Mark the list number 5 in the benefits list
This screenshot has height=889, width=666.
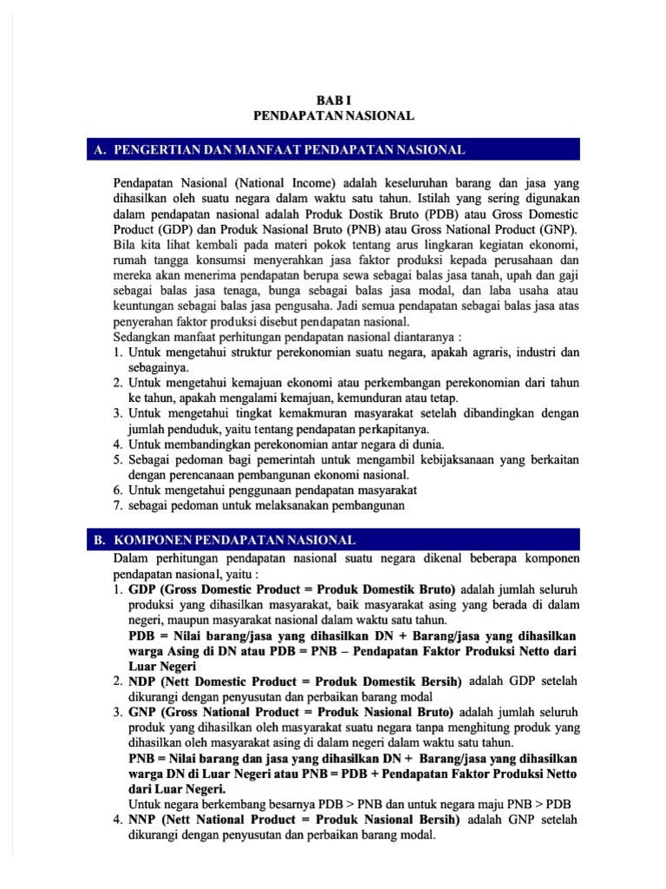(118, 459)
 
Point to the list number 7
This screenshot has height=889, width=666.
(118, 505)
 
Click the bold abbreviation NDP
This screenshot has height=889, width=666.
(145, 680)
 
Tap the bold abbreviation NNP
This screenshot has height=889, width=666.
(145, 819)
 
